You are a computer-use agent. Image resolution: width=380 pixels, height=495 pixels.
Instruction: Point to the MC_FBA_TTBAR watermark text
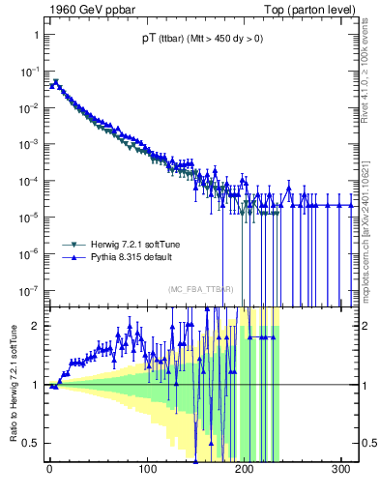click(x=201, y=289)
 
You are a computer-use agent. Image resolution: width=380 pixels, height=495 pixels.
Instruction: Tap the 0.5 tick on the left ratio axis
click(x=33, y=444)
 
